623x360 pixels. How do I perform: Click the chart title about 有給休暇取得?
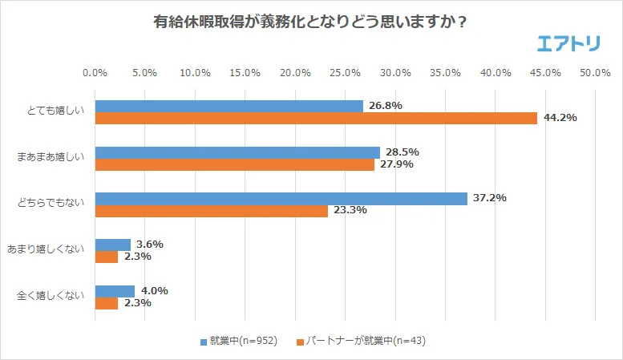pyautogui.click(x=311, y=22)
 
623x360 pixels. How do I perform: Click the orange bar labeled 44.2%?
pyautogui.click(x=316, y=118)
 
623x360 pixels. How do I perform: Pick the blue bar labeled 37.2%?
pyautogui.click(x=281, y=199)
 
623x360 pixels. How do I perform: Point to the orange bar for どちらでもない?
pyautogui.click(x=211, y=211)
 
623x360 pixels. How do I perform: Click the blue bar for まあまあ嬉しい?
pyautogui.click(x=237, y=152)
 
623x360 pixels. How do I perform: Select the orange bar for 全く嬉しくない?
pyautogui.click(x=107, y=304)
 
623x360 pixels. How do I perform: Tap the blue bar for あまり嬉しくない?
pyautogui.click(x=113, y=245)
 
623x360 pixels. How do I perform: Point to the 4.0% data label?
pyautogui.click(x=154, y=291)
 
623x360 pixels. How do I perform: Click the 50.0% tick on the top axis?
pyautogui.click(x=595, y=73)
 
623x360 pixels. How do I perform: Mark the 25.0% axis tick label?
pyautogui.click(x=346, y=73)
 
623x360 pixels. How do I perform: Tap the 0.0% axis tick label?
pyautogui.click(x=95, y=73)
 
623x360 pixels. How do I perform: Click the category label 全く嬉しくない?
pyautogui.click(x=51, y=297)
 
